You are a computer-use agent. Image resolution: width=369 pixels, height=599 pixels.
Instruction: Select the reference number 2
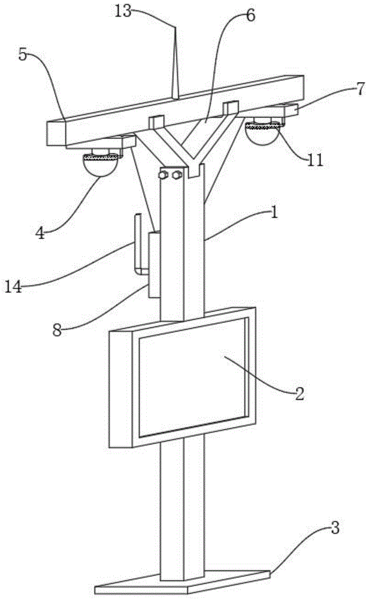(x=298, y=394)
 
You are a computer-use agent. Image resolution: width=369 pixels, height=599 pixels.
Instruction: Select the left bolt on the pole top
(x=164, y=176)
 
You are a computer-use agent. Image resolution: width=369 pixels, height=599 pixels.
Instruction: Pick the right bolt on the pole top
(x=176, y=176)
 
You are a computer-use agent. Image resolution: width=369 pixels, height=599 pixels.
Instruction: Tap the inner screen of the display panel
(x=192, y=377)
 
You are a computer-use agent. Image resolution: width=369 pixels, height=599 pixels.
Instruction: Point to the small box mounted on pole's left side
(x=153, y=264)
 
